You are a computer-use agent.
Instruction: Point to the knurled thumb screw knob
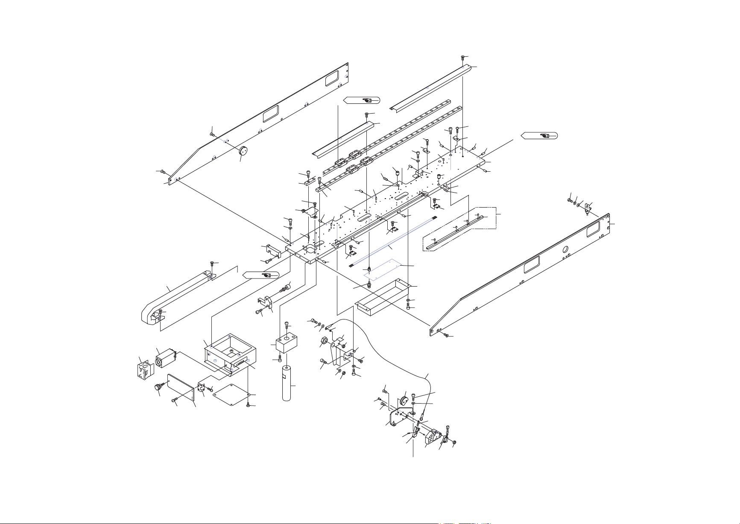159,388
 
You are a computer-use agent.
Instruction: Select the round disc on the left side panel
244,151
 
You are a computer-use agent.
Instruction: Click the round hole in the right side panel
566,249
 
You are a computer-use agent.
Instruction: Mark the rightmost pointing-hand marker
539,136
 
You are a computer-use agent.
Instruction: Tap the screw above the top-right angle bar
463,58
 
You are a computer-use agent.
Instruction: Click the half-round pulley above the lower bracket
403,402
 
